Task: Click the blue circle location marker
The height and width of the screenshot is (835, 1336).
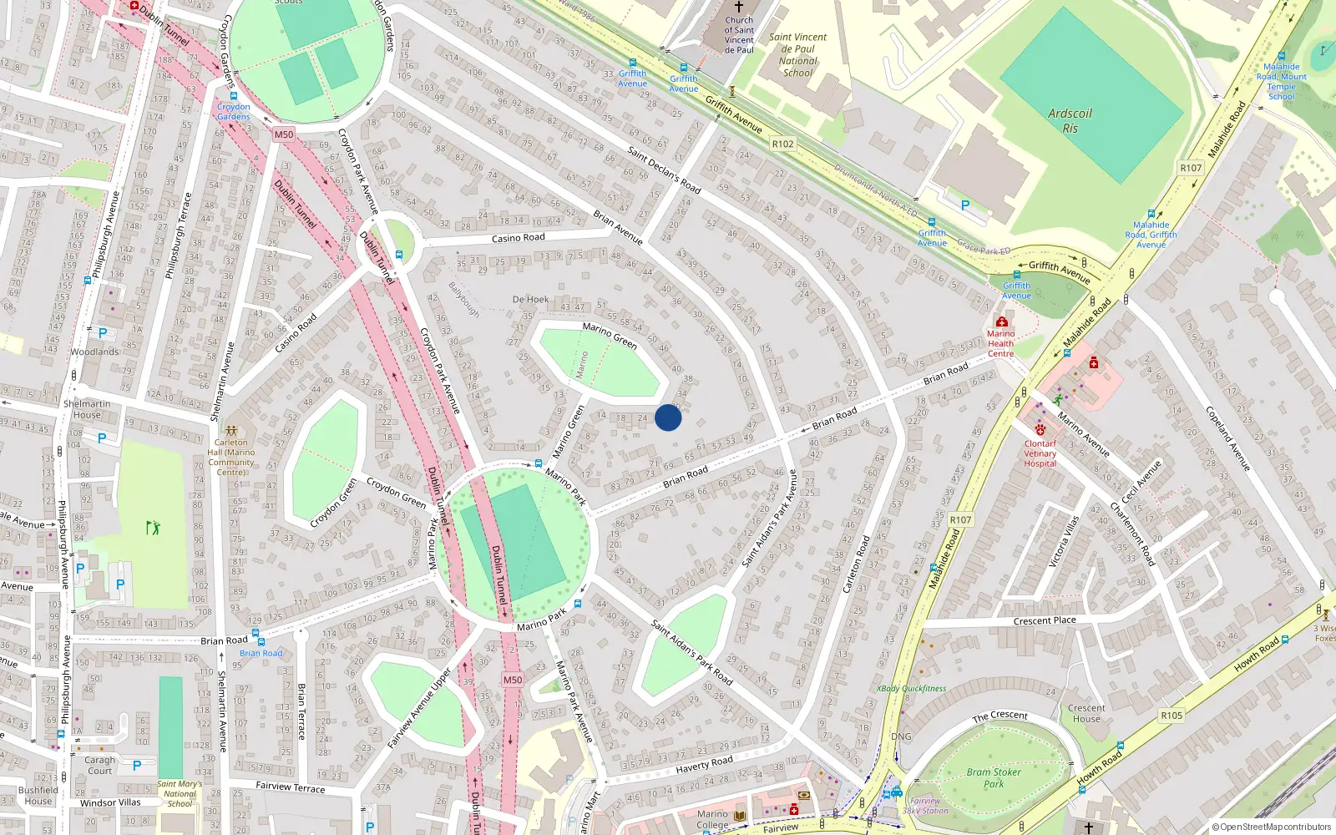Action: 668,417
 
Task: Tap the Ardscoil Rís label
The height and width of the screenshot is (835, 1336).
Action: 1070,121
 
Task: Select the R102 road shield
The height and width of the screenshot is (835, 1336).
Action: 782,144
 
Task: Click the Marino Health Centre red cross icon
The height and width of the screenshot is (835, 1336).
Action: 1001,321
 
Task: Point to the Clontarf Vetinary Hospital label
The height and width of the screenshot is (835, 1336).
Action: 1040,453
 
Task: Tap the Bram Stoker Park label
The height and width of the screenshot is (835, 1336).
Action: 994,777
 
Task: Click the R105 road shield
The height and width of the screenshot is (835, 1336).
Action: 1172,716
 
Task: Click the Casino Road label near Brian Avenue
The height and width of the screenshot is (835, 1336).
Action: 518,238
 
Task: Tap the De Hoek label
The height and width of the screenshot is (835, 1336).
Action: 530,299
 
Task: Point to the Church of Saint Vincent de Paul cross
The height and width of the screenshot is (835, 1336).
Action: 738,7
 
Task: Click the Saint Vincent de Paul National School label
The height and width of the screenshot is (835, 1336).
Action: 797,54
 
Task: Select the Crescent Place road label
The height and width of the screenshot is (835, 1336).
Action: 1044,620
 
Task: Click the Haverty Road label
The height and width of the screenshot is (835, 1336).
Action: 704,764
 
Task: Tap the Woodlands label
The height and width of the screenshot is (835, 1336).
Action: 94,352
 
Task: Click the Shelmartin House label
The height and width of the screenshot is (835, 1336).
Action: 87,409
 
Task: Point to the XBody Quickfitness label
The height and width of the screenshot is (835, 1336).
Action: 911,689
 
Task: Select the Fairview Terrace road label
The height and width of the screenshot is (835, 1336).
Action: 290,787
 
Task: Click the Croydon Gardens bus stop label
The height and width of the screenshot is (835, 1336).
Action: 233,112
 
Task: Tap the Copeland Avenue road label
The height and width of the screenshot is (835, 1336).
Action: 1227,438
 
